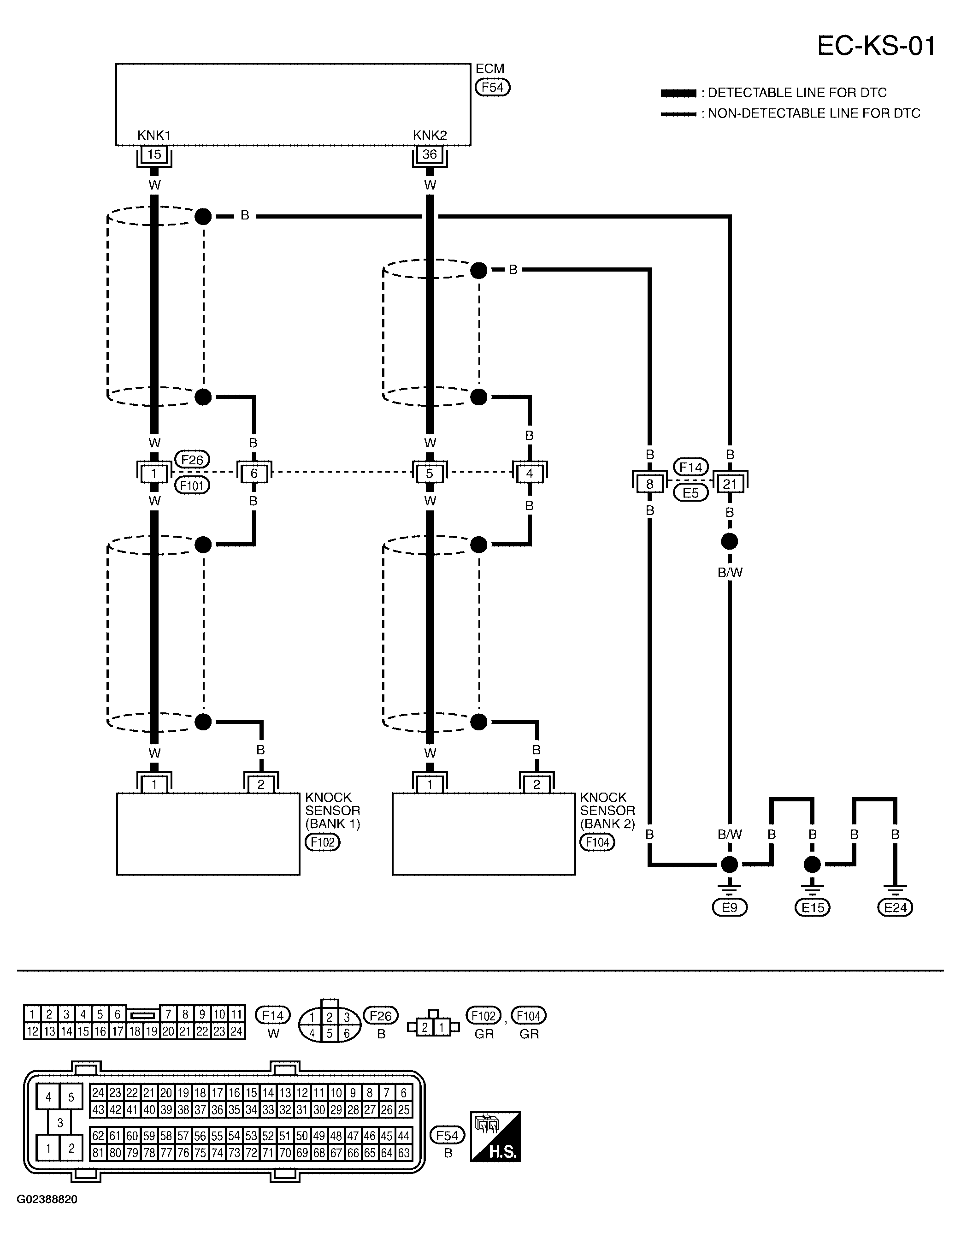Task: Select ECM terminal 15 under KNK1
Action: click(154, 154)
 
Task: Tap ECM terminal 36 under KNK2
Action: click(430, 154)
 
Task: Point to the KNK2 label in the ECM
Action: click(430, 135)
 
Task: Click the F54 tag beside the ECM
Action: click(492, 87)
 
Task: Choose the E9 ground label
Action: click(729, 907)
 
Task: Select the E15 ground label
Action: click(813, 907)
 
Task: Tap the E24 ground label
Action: click(895, 907)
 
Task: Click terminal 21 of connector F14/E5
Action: click(729, 484)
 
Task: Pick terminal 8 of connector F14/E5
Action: click(649, 484)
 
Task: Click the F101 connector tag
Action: click(192, 485)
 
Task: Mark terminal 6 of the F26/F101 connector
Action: click(254, 474)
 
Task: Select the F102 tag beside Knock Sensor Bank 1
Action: click(323, 842)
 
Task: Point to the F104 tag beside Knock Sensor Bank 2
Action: click(597, 842)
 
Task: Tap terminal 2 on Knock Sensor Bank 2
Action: click(536, 784)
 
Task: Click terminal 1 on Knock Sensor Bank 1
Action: click(154, 784)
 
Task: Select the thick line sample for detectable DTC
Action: click(678, 93)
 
